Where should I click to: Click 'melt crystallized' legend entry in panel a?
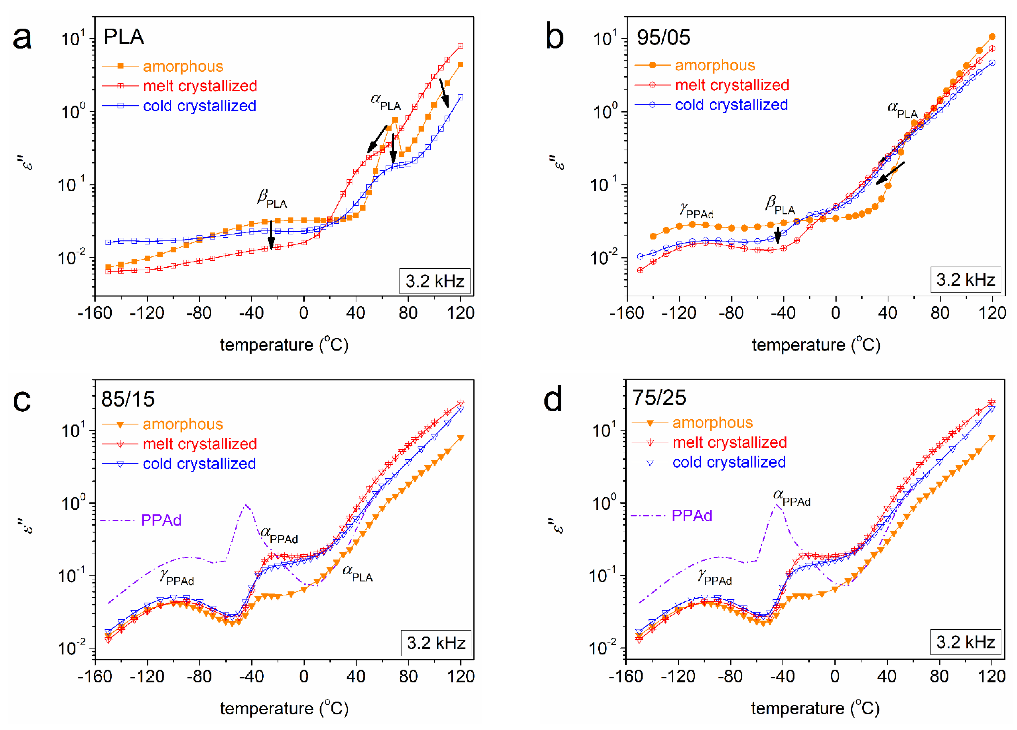coord(200,86)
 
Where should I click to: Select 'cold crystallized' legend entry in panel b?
coord(731,105)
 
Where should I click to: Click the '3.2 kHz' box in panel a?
coord(435,281)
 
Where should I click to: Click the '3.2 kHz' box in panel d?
coord(965,642)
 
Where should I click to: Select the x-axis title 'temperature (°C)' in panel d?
coord(815,709)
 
